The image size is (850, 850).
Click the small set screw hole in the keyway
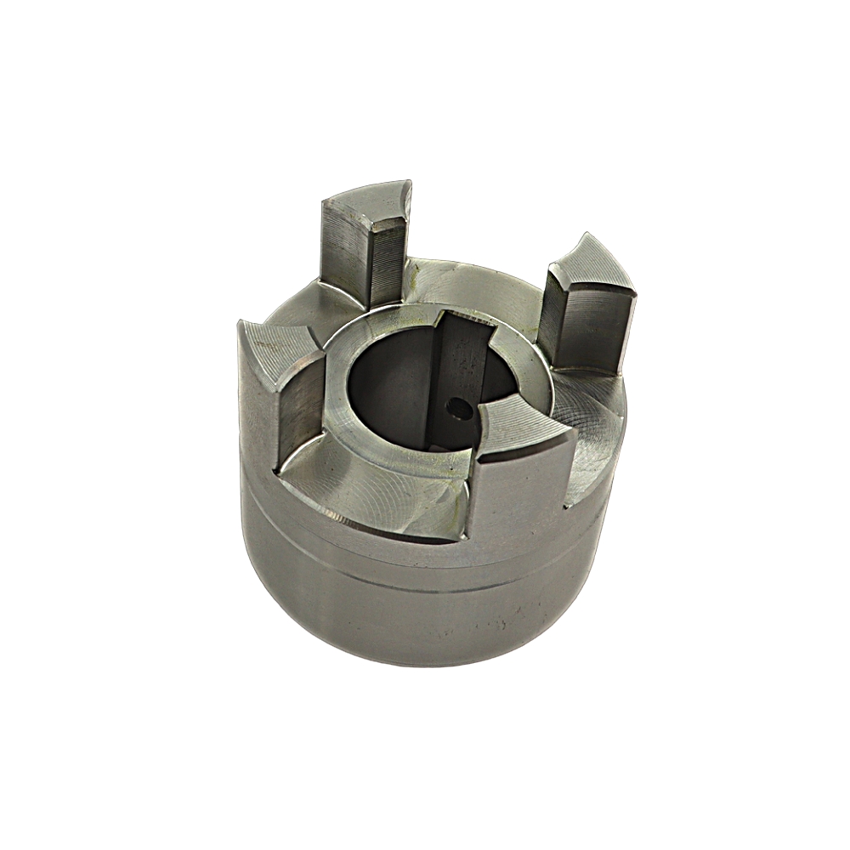point(461,408)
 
